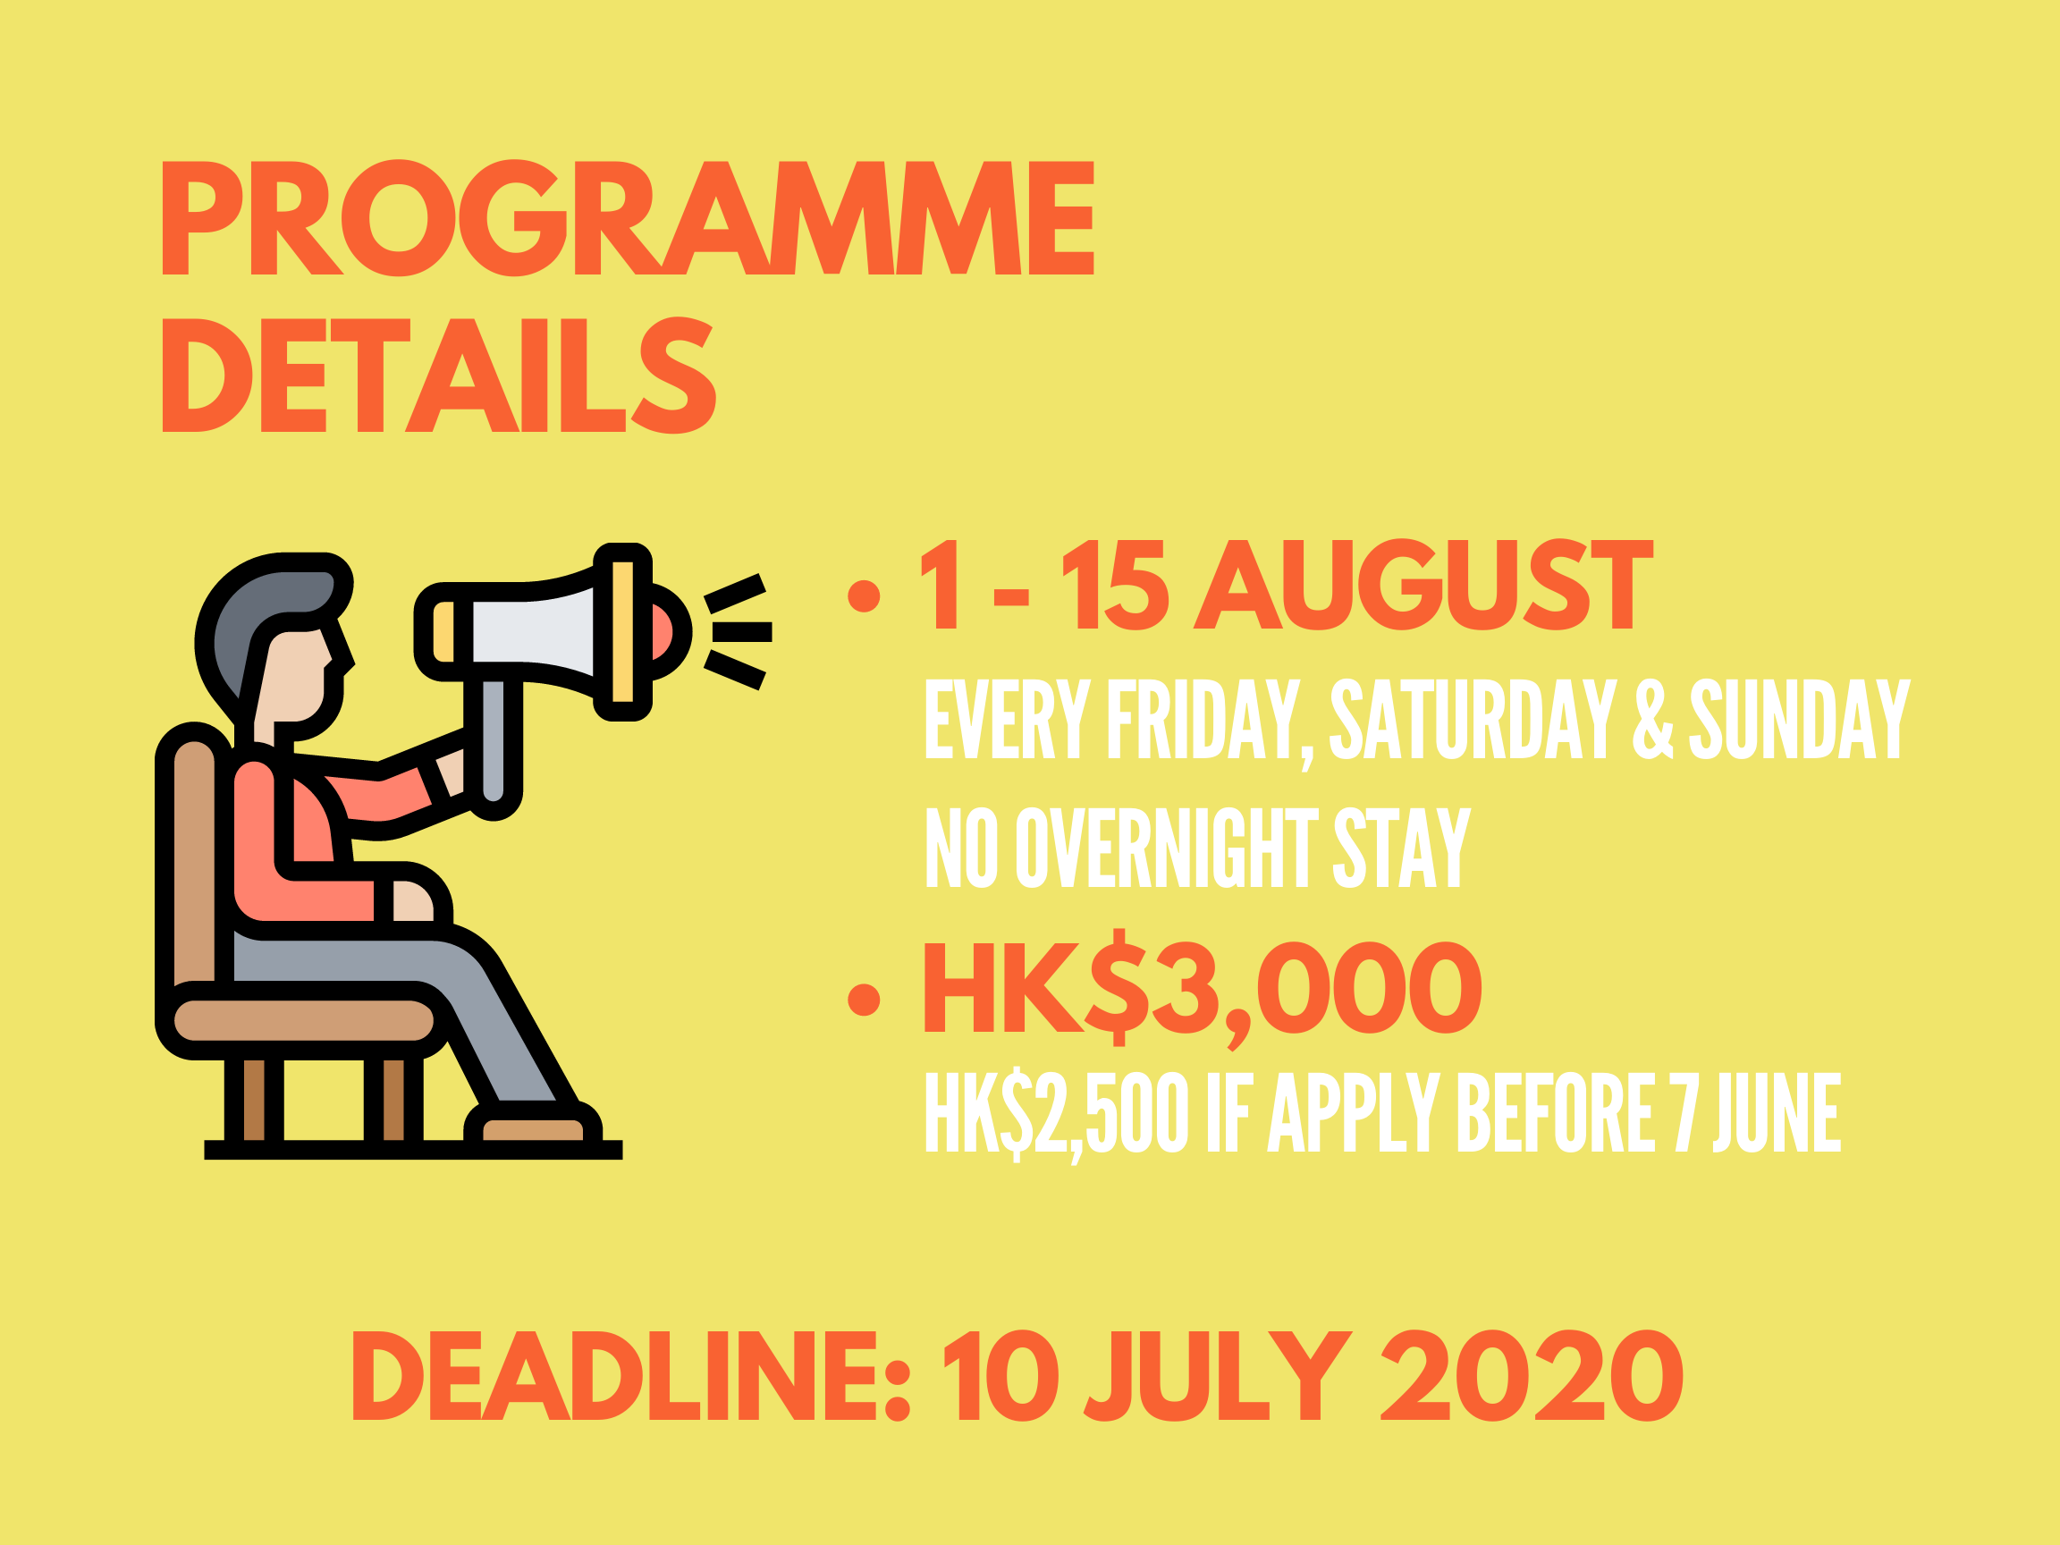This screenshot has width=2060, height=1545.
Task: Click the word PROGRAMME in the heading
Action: tap(628, 218)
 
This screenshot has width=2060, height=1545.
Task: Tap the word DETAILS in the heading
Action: tap(440, 376)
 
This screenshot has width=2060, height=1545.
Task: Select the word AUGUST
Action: tap(1423, 585)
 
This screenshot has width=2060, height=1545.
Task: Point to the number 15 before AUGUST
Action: tap(1115, 585)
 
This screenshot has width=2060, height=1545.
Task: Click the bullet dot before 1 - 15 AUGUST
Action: tap(865, 596)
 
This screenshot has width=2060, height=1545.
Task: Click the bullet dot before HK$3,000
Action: tap(865, 1000)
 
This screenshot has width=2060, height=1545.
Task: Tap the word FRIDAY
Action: tap(1208, 719)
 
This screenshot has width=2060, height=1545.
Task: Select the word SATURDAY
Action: tap(1473, 718)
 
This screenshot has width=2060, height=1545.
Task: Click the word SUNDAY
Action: tap(1800, 718)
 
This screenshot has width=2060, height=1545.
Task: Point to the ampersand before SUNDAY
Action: tap(1653, 718)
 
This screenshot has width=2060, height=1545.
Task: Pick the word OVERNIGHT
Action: tap(1167, 848)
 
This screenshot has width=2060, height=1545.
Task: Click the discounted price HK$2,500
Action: tap(1056, 1114)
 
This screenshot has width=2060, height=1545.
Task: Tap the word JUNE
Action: tap(1777, 1112)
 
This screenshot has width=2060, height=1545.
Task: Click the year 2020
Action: tap(1531, 1376)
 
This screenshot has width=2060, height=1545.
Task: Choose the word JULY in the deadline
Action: tap(1219, 1376)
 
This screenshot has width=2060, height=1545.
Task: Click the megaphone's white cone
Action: tap(532, 632)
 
